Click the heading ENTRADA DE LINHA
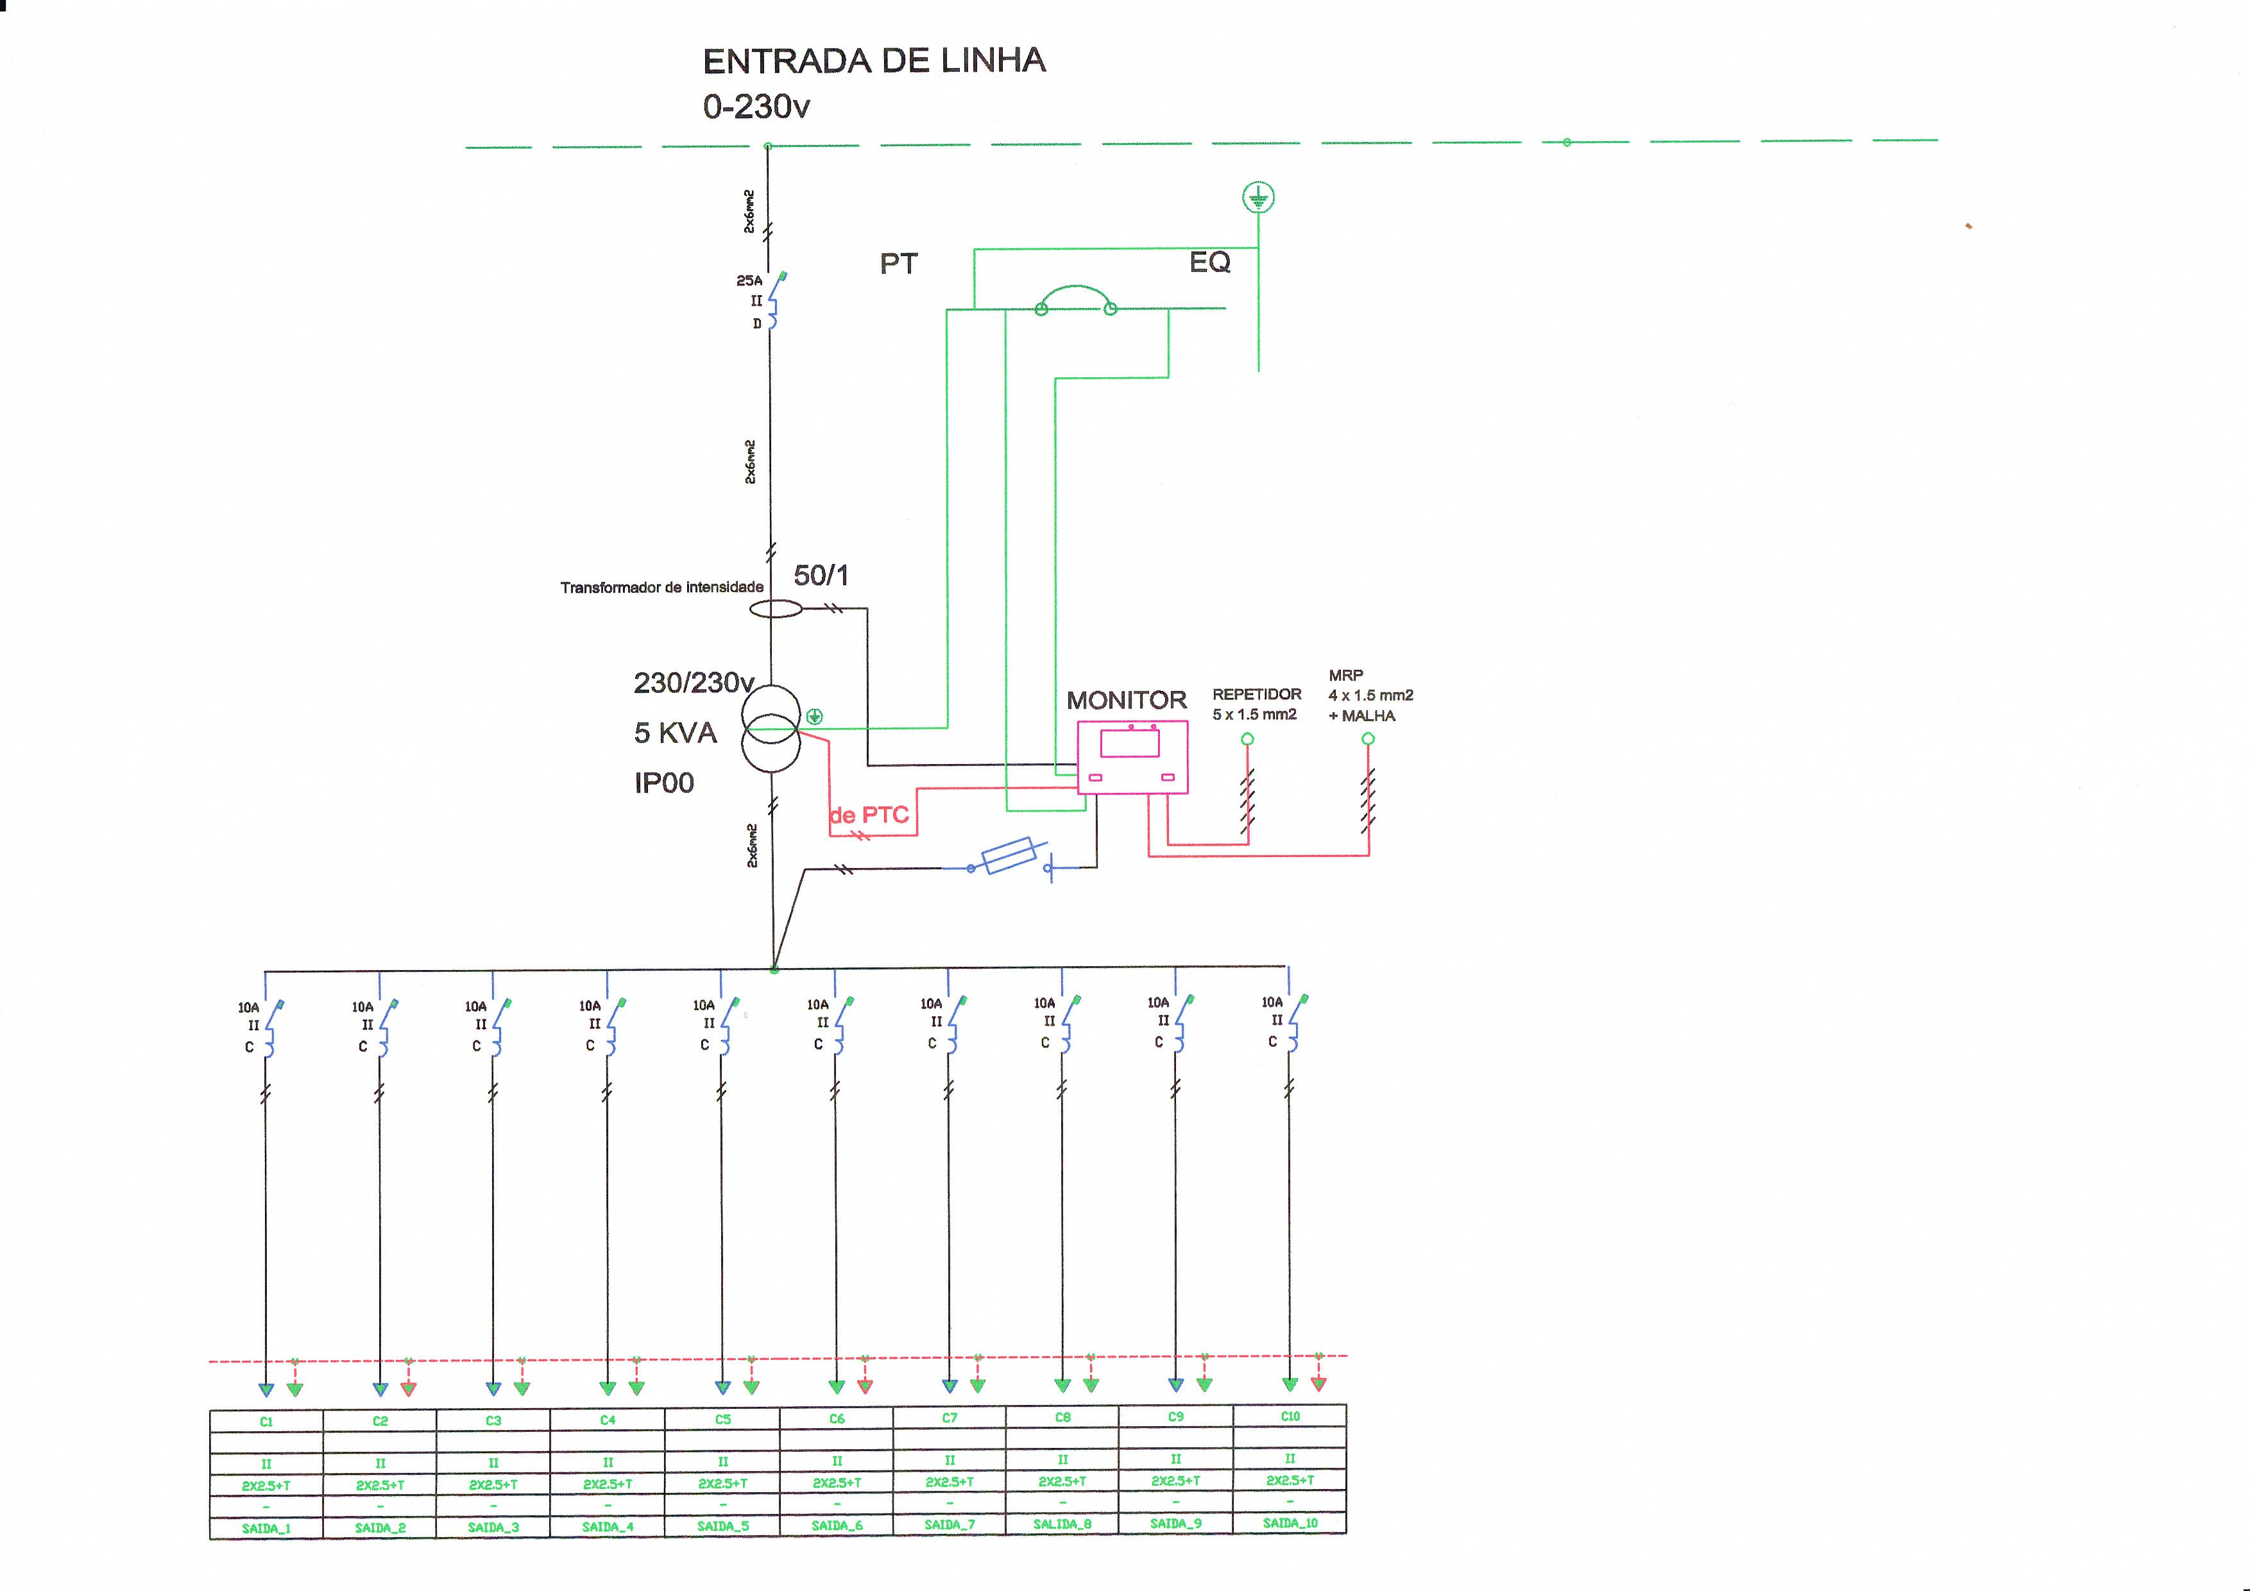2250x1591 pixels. pyautogui.click(x=874, y=61)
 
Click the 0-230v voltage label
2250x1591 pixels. pyautogui.click(x=756, y=106)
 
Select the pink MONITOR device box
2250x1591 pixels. pyautogui.click(x=1132, y=756)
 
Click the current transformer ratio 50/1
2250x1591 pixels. pyautogui.click(x=820, y=575)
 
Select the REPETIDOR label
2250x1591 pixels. pyautogui.click(x=1256, y=693)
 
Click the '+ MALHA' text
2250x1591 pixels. pyautogui.click(x=1362, y=716)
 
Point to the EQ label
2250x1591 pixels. pyautogui.click(x=1209, y=262)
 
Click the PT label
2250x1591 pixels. pyautogui.click(x=899, y=264)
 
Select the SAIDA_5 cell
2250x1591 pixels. pyautogui.click(x=722, y=1526)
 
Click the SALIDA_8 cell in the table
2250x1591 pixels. pyautogui.click(x=1062, y=1524)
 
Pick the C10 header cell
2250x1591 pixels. pyautogui.click(x=1290, y=1417)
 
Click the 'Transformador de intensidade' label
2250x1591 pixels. pyautogui.click(x=661, y=588)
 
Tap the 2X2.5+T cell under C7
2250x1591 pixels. pyautogui.click(x=950, y=1482)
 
